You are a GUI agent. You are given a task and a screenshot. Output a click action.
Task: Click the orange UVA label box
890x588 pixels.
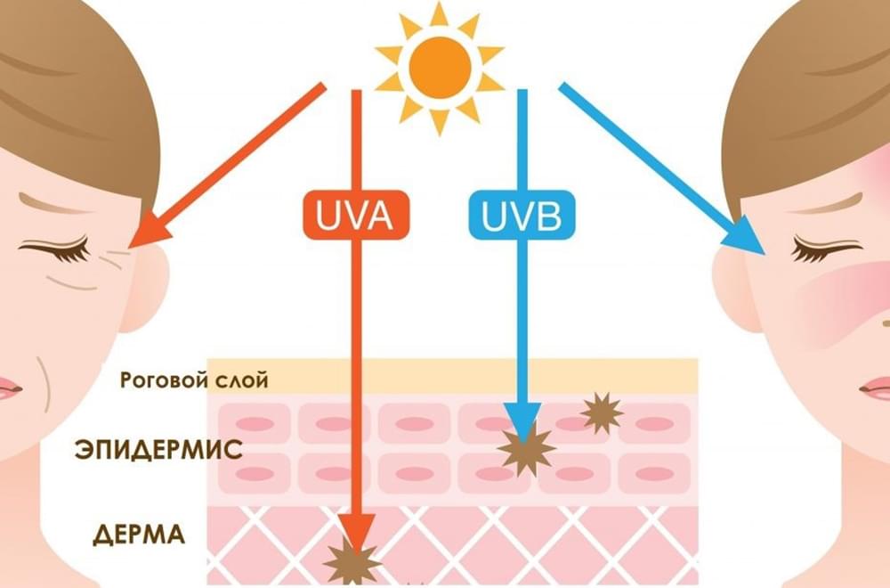coord(356,215)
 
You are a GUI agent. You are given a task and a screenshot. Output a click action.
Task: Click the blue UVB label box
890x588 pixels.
coord(522,215)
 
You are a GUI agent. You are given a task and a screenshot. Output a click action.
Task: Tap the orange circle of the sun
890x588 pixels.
coord(440,68)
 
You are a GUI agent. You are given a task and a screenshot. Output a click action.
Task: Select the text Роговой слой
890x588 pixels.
coord(194,380)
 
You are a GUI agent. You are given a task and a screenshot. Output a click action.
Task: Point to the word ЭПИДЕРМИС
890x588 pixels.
coord(159,449)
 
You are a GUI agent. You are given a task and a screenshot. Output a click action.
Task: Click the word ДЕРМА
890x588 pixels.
coord(139,535)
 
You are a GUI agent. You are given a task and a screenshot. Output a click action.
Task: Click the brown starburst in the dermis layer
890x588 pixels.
coord(352,562)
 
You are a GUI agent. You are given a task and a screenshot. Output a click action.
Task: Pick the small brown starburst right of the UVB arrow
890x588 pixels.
coord(603,413)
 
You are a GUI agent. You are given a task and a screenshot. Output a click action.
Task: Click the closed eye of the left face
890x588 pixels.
coord(55,249)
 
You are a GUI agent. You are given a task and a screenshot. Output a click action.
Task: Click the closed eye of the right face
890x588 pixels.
coord(826,249)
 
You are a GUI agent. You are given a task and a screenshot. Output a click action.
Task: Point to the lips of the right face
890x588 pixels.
coord(876,389)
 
